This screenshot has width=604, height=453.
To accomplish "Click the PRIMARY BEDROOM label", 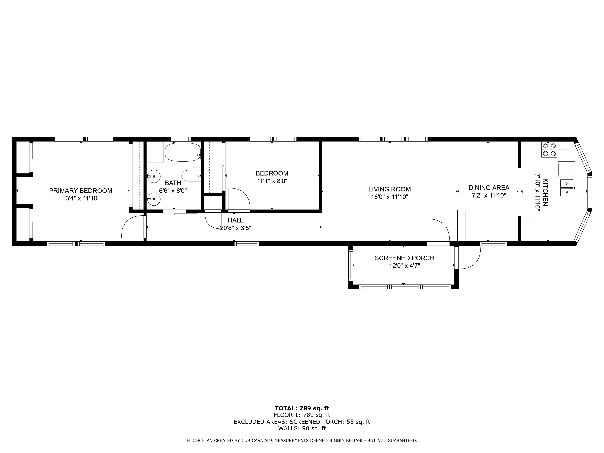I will tap(81, 191).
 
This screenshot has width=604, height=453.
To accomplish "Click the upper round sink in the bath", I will tap(154, 176).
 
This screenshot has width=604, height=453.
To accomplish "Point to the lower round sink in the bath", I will tap(154, 199).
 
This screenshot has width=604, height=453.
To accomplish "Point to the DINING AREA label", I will tap(489, 188).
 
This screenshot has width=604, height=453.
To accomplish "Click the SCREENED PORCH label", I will tap(404, 258).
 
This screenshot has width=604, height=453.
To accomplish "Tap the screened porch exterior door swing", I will tap(469, 258).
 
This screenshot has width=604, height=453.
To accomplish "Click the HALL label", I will tap(235, 220).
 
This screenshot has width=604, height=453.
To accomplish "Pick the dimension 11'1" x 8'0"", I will tap(272, 181).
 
